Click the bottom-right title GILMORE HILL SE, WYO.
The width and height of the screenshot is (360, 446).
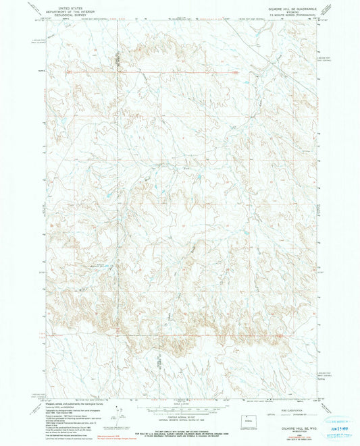click(298, 418)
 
